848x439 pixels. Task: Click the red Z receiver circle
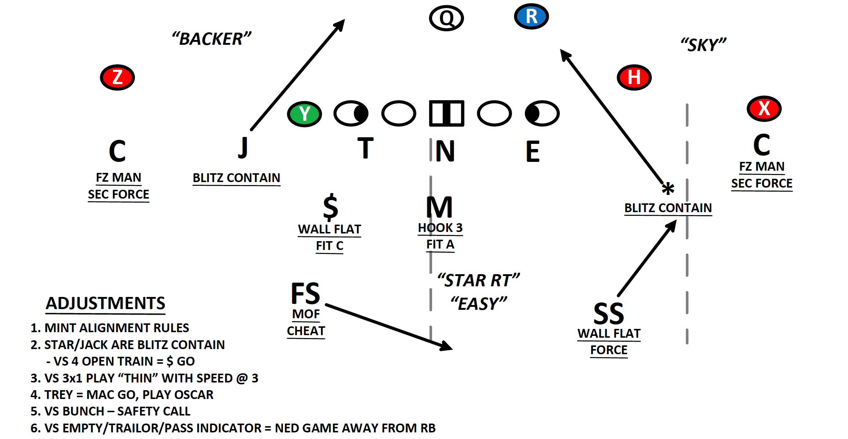coord(117,77)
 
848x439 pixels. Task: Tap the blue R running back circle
coord(531,17)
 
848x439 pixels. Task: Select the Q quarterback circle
coord(446,18)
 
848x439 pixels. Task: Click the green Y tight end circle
coord(304,113)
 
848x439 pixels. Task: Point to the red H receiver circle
coord(634,77)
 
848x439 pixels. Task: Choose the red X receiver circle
coord(764,108)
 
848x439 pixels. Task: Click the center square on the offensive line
coord(446,113)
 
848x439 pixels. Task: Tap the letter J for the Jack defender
coord(243,148)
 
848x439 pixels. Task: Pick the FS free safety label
coord(305,294)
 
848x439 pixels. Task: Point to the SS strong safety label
coord(609,314)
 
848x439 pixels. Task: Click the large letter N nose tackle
coord(445,151)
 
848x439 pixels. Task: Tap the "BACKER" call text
coord(212,39)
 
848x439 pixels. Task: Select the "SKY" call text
coord(703,45)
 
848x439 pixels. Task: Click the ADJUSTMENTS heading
coord(105,303)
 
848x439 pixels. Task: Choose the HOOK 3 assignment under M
coord(440,228)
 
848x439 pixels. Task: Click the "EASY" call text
coord(479,304)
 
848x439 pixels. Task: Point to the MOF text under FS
coord(306,314)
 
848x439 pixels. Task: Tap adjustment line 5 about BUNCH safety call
coord(110,411)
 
